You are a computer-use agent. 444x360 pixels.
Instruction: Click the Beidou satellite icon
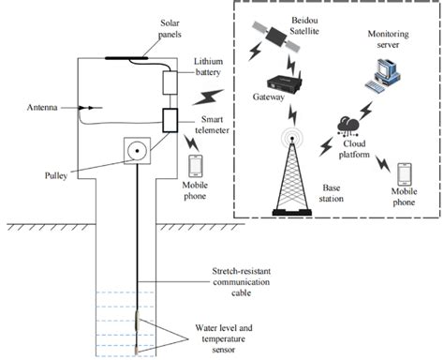276,36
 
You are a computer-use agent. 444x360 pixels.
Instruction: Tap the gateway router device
284,82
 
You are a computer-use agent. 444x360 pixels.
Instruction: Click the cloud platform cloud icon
348,126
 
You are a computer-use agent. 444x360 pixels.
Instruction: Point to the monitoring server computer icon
383,75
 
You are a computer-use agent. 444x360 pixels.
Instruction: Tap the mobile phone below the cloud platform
404,174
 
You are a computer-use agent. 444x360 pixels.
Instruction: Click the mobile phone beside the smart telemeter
196,166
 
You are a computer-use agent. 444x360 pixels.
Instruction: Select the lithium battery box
170,82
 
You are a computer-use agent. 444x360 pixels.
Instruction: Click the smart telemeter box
170,120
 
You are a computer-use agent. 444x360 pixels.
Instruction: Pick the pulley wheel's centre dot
137,151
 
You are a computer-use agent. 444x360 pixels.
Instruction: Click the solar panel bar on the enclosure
126,58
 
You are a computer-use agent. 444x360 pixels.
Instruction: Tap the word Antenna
42,108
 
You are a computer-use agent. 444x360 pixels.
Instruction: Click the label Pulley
56,175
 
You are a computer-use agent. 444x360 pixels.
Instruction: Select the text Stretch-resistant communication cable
242,282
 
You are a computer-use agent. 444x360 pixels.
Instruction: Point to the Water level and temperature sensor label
224,338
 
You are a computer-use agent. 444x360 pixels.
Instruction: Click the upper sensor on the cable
137,321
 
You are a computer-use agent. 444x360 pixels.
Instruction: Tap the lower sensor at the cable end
137,350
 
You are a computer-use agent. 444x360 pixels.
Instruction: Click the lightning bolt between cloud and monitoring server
366,111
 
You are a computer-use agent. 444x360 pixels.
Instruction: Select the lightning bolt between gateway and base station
292,114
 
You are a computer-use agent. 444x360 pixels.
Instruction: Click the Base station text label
332,193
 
